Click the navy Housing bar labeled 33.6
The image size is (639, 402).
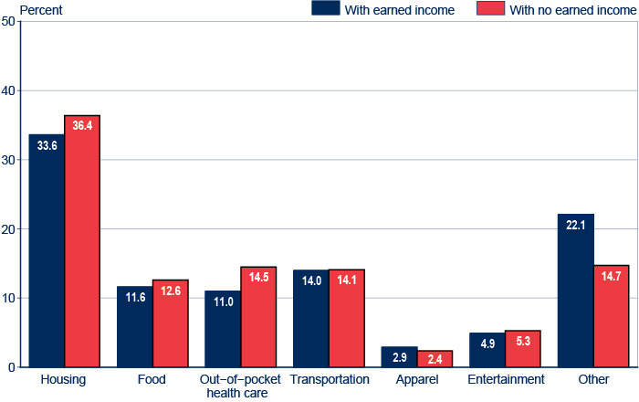pyautogui.click(x=47, y=250)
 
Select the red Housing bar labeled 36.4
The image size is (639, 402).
pyautogui.click(x=82, y=241)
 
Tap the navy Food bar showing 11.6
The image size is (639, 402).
pyautogui.click(x=134, y=326)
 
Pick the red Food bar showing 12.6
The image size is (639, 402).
pyautogui.click(x=170, y=323)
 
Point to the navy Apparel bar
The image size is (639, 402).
pyautogui.click(x=399, y=356)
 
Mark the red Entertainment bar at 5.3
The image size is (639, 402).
pyautogui.click(x=523, y=348)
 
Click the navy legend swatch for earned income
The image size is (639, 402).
pyautogui.click(x=324, y=9)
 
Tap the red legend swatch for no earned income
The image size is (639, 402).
pyautogui.click(x=490, y=9)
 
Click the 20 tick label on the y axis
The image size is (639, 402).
pyautogui.click(x=8, y=228)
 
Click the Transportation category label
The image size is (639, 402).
pyautogui.click(x=330, y=379)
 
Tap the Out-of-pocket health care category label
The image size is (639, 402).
pyautogui.click(x=241, y=386)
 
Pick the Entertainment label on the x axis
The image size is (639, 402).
pyautogui.click(x=506, y=379)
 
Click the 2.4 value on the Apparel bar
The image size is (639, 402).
pyautogui.click(x=435, y=358)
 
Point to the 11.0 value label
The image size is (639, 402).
pyautogui.click(x=223, y=300)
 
